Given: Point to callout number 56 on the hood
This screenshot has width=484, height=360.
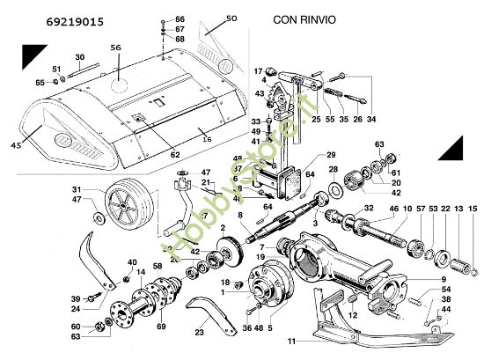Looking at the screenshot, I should coord(115,48).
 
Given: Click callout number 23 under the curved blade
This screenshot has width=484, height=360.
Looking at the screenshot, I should coord(199,332).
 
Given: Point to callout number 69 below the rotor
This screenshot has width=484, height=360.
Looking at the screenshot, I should coord(161,327).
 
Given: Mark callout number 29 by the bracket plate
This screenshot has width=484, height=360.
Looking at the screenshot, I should coord(319,154).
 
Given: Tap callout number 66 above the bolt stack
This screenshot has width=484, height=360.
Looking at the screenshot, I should coord(180,18).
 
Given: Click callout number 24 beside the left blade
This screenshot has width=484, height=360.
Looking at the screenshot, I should coord(77,308).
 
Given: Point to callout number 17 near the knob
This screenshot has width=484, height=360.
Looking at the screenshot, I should coord(259,70).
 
